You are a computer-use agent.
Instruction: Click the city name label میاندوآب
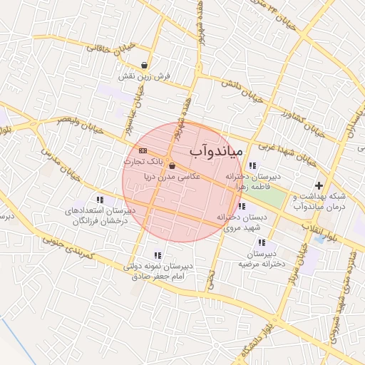(217, 152)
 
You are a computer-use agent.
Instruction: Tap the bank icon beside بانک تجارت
(143, 150)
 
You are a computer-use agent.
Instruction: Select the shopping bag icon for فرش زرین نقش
(145, 65)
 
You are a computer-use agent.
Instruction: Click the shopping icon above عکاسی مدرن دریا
(172, 166)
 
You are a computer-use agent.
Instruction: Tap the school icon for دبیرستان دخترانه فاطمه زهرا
(252, 165)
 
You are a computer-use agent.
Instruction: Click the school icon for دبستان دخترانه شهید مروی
(242, 206)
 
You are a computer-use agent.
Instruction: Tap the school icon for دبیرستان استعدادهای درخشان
(99, 200)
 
